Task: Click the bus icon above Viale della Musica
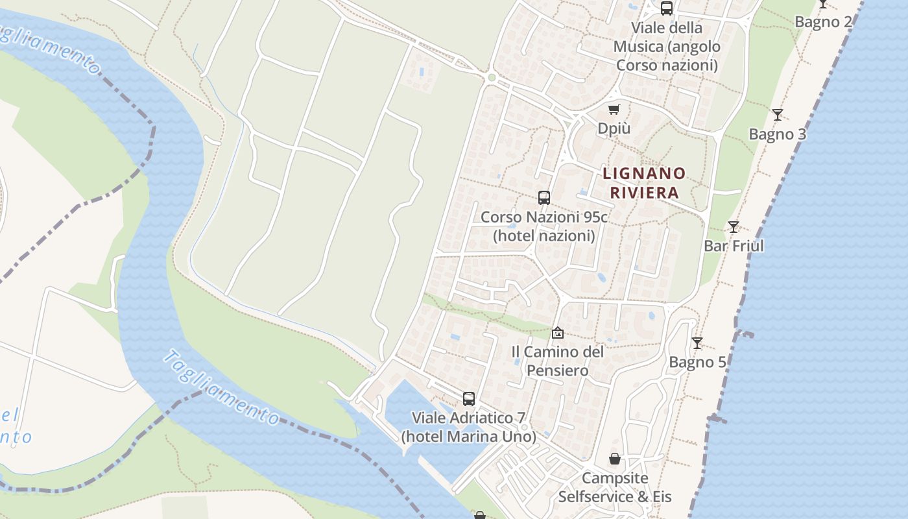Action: coord(666,8)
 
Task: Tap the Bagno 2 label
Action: coord(823,22)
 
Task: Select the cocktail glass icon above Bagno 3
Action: coord(777,115)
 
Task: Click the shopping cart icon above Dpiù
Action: coord(614,109)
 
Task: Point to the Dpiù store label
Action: coord(614,128)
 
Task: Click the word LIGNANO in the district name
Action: coord(644,173)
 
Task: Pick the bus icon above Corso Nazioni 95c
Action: coord(544,198)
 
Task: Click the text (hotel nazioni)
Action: coord(544,235)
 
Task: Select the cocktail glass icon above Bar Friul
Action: coord(734,227)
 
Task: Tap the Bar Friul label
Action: coord(734,246)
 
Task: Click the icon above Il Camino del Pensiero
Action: coord(557,333)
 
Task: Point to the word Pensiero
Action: coord(557,370)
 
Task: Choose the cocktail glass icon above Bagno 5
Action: coord(697,343)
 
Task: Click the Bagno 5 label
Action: coord(697,362)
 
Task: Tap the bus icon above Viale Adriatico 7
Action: coord(469,399)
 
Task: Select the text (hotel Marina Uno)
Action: coord(468,437)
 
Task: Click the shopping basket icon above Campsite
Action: coord(615,459)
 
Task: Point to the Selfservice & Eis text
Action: coord(614,497)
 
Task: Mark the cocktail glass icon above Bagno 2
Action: coord(822,3)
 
